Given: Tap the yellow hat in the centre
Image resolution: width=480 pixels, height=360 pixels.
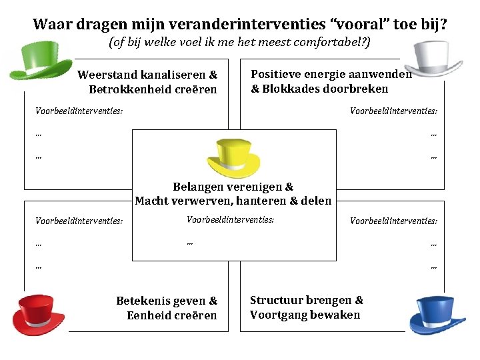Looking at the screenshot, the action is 233,157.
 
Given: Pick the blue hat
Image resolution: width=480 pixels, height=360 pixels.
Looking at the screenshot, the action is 437,313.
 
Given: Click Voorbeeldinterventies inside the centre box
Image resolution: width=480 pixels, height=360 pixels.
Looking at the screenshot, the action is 230,219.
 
